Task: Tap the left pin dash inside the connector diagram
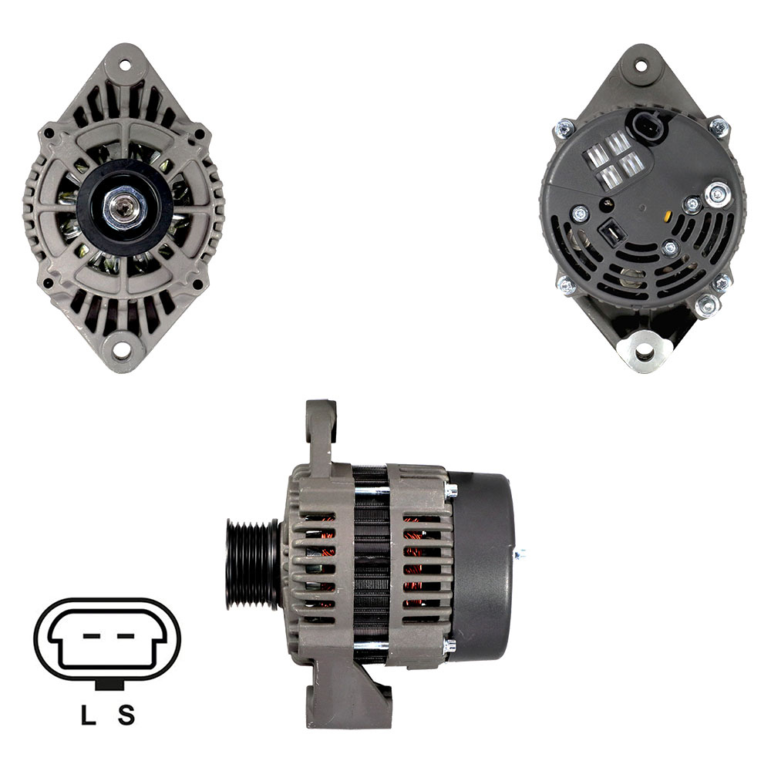[x=92, y=636]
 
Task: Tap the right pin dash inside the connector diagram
[x=126, y=636]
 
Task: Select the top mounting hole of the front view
[x=124, y=65]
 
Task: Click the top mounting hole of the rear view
[x=641, y=65]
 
